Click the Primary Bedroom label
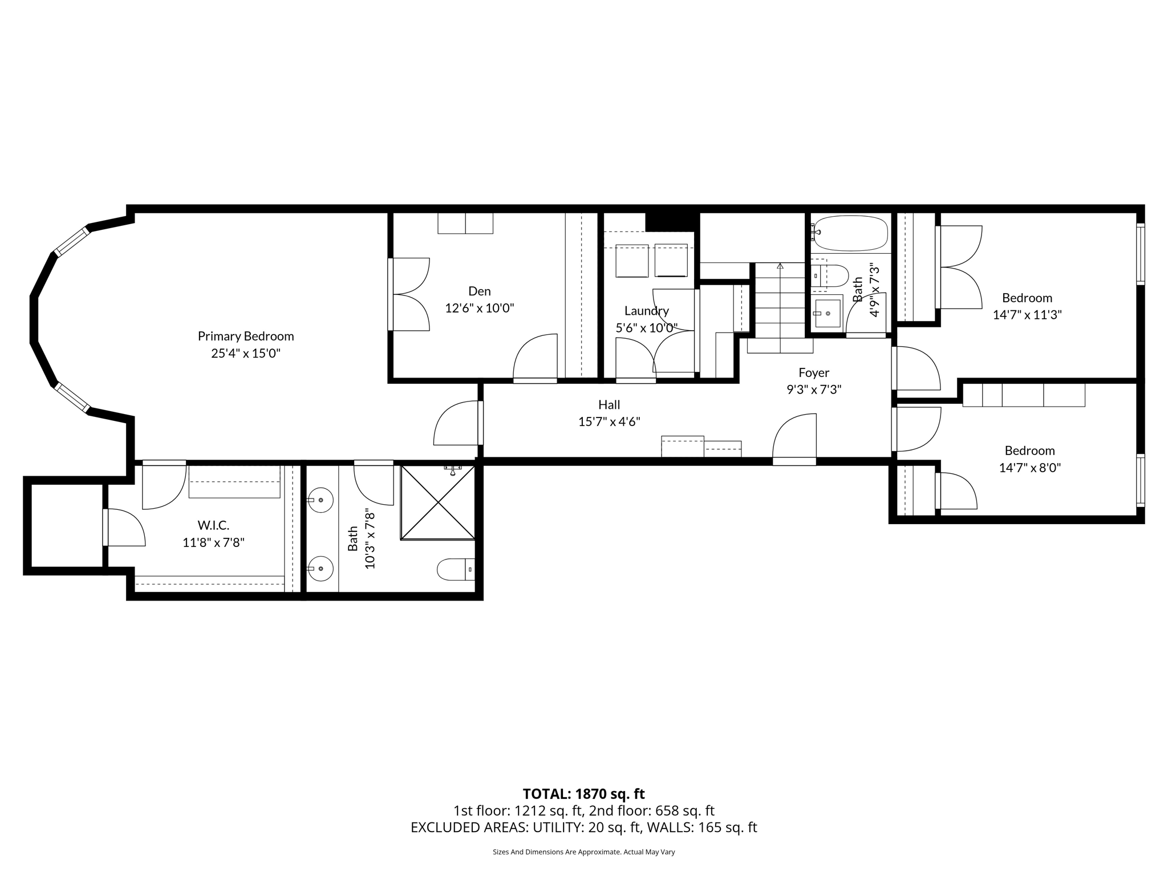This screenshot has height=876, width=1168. pyautogui.click(x=246, y=336)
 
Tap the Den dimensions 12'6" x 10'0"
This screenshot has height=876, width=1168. pyautogui.click(x=479, y=309)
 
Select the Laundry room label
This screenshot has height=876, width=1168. pyautogui.click(x=646, y=311)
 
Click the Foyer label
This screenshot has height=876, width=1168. pyautogui.click(x=814, y=372)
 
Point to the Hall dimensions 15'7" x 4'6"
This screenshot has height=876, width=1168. pyautogui.click(x=609, y=422)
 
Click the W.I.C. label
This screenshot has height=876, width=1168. pyautogui.click(x=213, y=525)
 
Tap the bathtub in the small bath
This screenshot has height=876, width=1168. pyautogui.click(x=850, y=233)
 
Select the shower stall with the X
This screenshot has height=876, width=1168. pyautogui.click(x=437, y=502)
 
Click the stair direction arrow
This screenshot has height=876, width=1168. pyautogui.click(x=780, y=266)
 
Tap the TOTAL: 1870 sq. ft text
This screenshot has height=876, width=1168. pyautogui.click(x=583, y=794)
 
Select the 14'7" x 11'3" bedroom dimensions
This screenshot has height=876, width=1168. pyautogui.click(x=1027, y=315)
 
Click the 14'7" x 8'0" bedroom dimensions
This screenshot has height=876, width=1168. pyautogui.click(x=1029, y=468)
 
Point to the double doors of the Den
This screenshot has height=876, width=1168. pyautogui.click(x=409, y=294)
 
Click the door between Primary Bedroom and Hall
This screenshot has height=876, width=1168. pyautogui.click(x=457, y=423)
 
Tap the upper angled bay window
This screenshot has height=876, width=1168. pyautogui.click(x=72, y=241)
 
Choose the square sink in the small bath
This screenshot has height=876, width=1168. pyautogui.click(x=827, y=313)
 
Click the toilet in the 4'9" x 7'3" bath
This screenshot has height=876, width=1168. pyautogui.click(x=830, y=276)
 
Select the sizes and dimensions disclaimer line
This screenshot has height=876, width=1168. pyautogui.click(x=583, y=852)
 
